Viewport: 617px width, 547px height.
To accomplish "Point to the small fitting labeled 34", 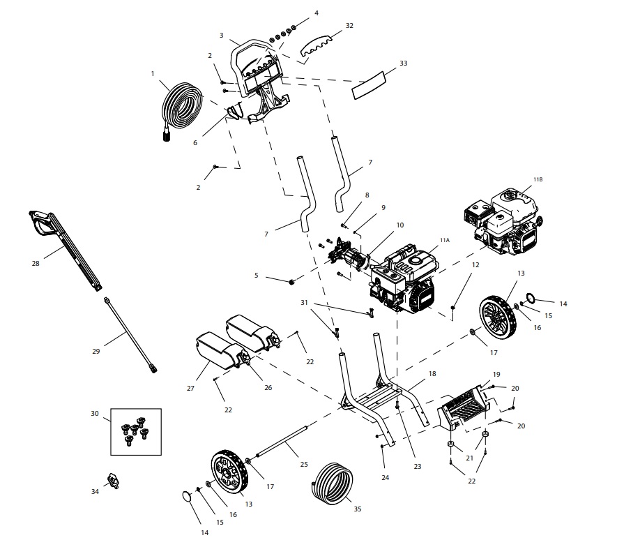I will tap(113, 481).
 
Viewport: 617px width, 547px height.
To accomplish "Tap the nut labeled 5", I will tap(291, 280).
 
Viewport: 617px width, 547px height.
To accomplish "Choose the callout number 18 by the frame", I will tap(432, 375).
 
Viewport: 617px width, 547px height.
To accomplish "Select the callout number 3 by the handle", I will tap(221, 35).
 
